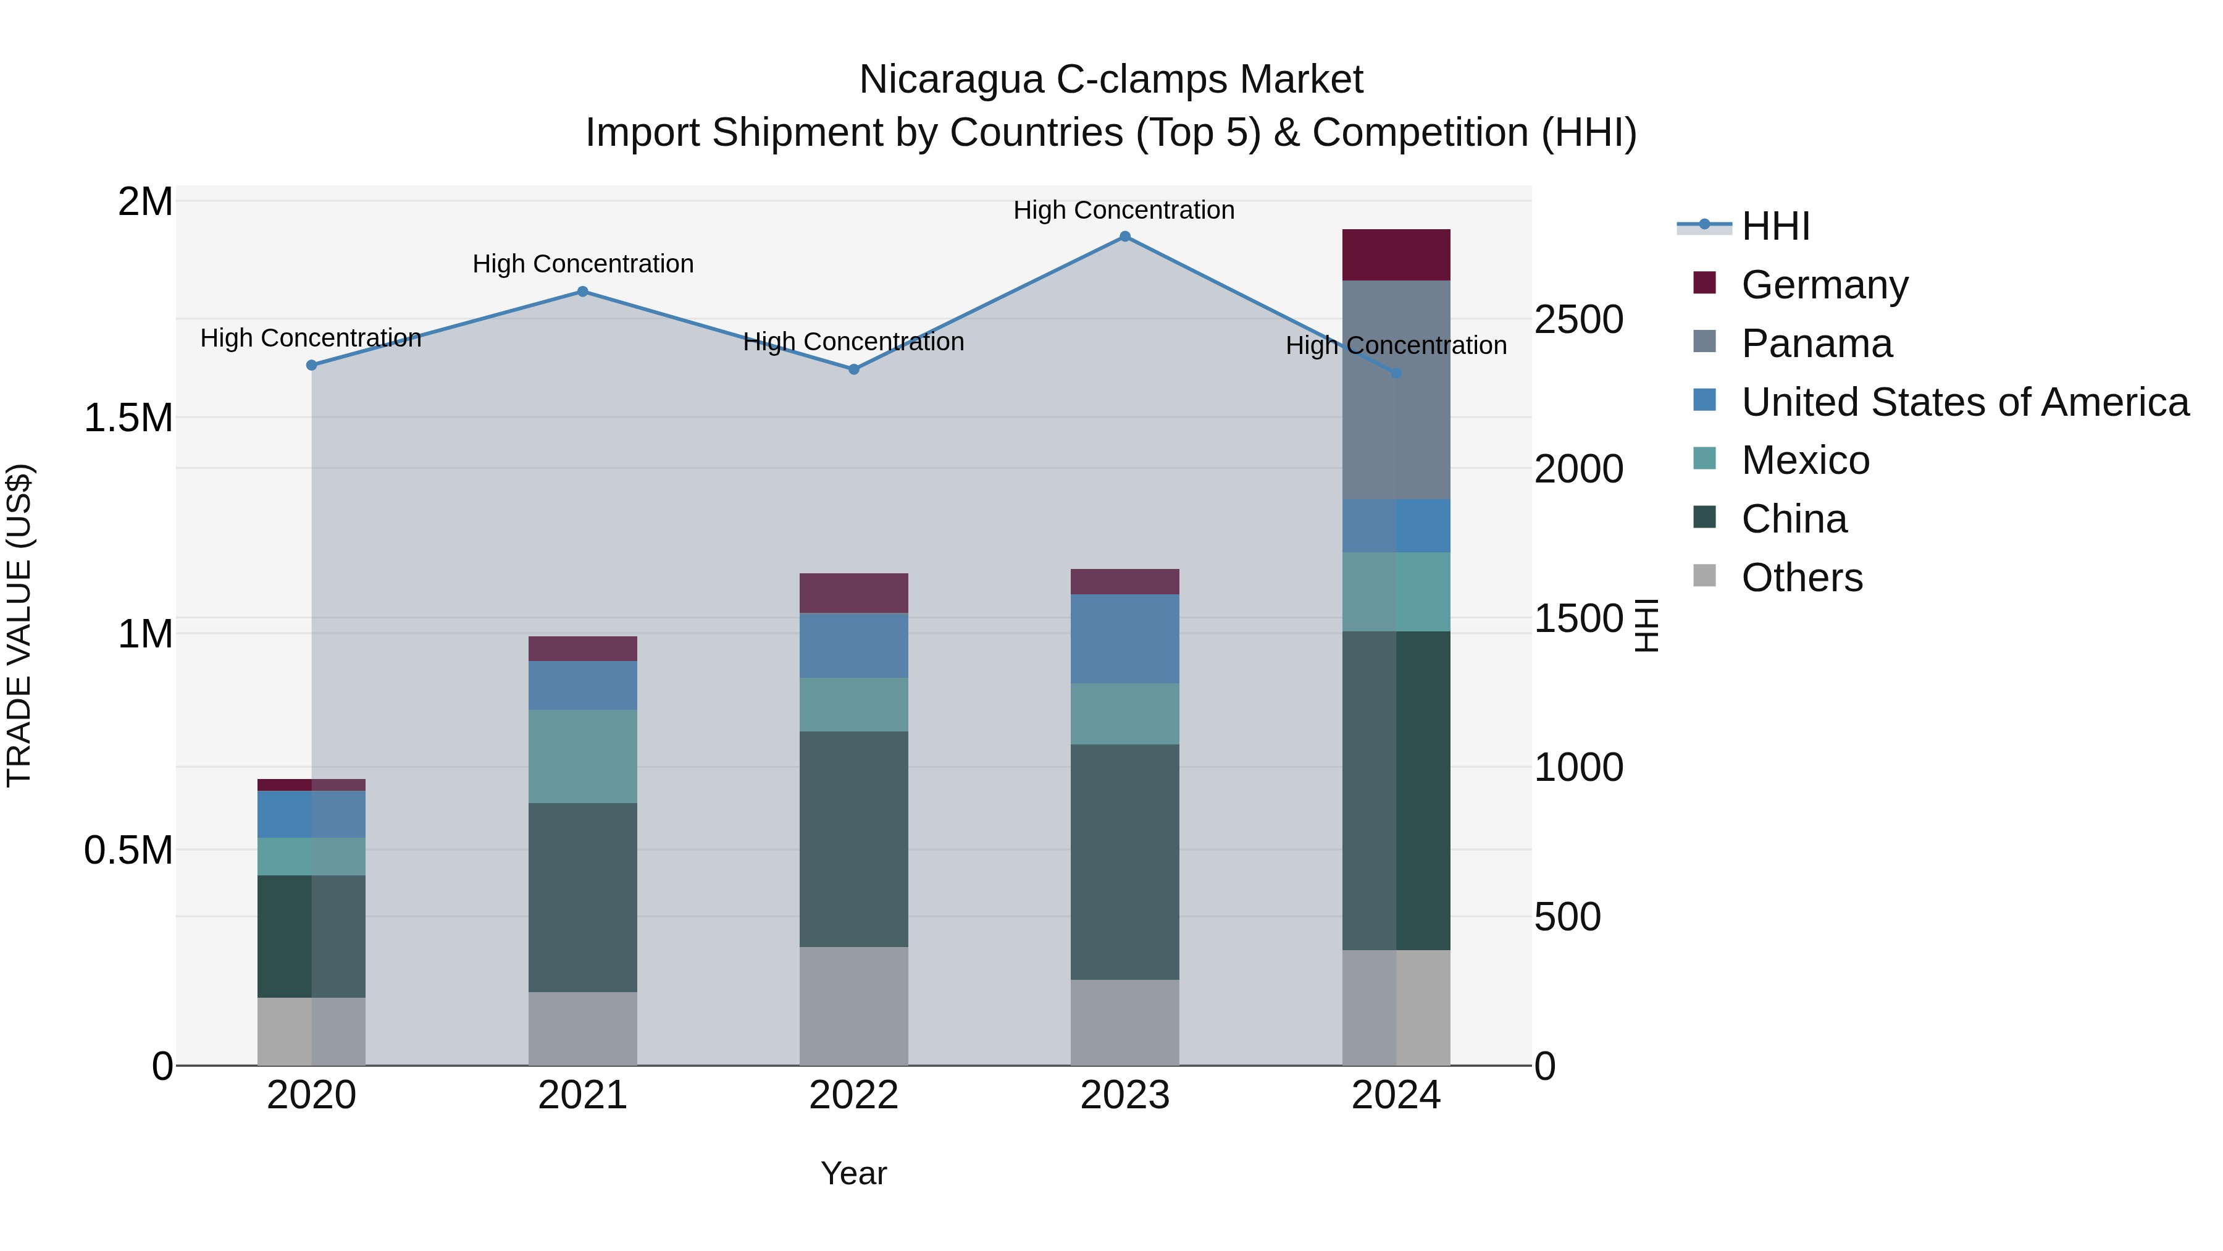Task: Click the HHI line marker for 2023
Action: click(1124, 237)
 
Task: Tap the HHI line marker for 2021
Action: click(582, 292)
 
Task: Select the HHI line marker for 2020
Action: click(312, 365)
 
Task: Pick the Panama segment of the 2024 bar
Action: click(1396, 389)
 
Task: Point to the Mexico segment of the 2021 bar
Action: click(582, 756)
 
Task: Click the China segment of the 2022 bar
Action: click(853, 839)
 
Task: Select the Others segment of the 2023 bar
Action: click(1124, 1022)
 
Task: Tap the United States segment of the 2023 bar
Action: click(1124, 639)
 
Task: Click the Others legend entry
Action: click(1801, 578)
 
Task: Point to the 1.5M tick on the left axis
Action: click(128, 418)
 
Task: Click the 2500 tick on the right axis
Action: click(1578, 319)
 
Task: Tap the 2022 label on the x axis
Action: click(853, 1095)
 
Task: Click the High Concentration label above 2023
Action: click(1124, 210)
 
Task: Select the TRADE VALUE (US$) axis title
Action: click(19, 625)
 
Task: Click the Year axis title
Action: click(853, 1173)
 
